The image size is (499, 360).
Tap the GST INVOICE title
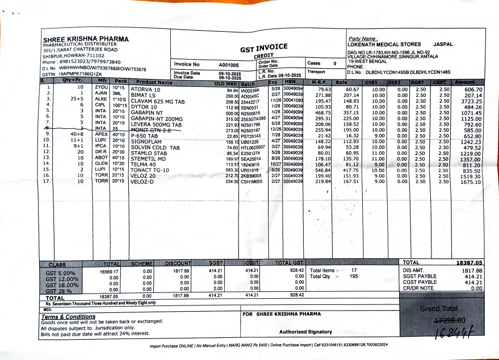click(x=263, y=49)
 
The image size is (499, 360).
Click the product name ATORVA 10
click(x=146, y=90)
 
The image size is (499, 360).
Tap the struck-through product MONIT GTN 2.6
click(x=151, y=130)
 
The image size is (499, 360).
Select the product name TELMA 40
click(x=143, y=165)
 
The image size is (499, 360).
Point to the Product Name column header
click(x=154, y=82)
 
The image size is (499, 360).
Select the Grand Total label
click(x=438, y=309)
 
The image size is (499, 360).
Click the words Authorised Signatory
click(x=305, y=332)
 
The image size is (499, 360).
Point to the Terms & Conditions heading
click(x=68, y=317)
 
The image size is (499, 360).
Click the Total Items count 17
click(x=354, y=270)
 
